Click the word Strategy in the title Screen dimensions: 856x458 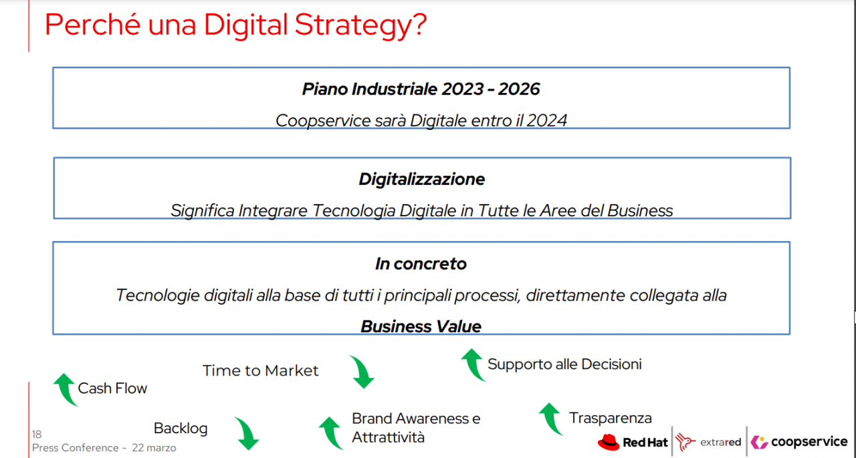[360, 25]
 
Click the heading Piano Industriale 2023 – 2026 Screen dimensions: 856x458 [421, 89]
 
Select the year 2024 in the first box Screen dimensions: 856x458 [546, 121]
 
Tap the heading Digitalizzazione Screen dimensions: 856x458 [421, 179]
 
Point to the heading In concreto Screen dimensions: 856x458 [421, 264]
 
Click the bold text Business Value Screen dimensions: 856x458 [421, 326]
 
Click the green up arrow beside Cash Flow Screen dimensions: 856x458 [66, 390]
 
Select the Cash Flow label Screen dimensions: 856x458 [112, 388]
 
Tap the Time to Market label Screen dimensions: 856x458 [260, 370]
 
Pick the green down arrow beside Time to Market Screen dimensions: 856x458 [362, 372]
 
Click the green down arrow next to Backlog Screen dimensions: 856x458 [247, 433]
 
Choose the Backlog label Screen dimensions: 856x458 [181, 428]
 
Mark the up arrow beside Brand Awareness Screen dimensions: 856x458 [331, 433]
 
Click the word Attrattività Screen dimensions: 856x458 [389, 437]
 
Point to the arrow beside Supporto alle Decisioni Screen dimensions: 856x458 [473, 365]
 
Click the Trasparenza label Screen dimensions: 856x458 [611, 418]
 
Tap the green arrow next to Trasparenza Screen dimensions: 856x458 [551, 419]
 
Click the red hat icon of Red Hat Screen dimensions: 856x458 [609, 443]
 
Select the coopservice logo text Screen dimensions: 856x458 [809, 441]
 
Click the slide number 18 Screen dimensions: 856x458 [37, 435]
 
